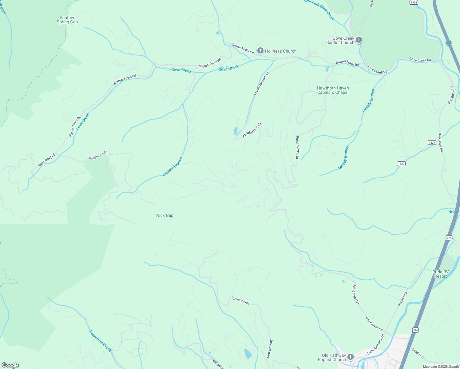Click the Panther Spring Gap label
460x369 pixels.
tap(67, 20)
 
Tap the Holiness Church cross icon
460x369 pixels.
tap(260, 51)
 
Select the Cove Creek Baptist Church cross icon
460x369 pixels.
tap(359, 40)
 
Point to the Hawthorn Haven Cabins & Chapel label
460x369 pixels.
tap(333, 90)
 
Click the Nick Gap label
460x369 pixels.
tap(165, 216)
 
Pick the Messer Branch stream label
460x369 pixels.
tap(172, 167)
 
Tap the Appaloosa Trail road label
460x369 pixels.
tap(252, 130)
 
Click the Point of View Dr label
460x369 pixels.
tap(297, 147)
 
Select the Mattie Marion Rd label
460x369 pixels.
tap(261, 84)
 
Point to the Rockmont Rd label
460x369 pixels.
tap(98, 156)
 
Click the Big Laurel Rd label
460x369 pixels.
tap(47, 160)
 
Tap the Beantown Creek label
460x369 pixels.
tap(100, 341)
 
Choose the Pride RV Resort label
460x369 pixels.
tap(441, 274)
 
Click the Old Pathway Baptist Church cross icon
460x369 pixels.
tap(350, 357)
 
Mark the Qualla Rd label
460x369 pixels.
tap(418, 353)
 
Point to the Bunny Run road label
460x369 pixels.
tap(402, 299)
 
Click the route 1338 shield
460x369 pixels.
tap(414, 2)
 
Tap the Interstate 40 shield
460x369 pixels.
tap(449, 43)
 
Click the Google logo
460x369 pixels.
tap(10, 365)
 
